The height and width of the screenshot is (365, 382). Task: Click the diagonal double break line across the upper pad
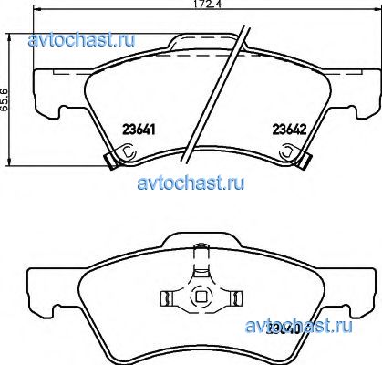coord(217,87)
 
